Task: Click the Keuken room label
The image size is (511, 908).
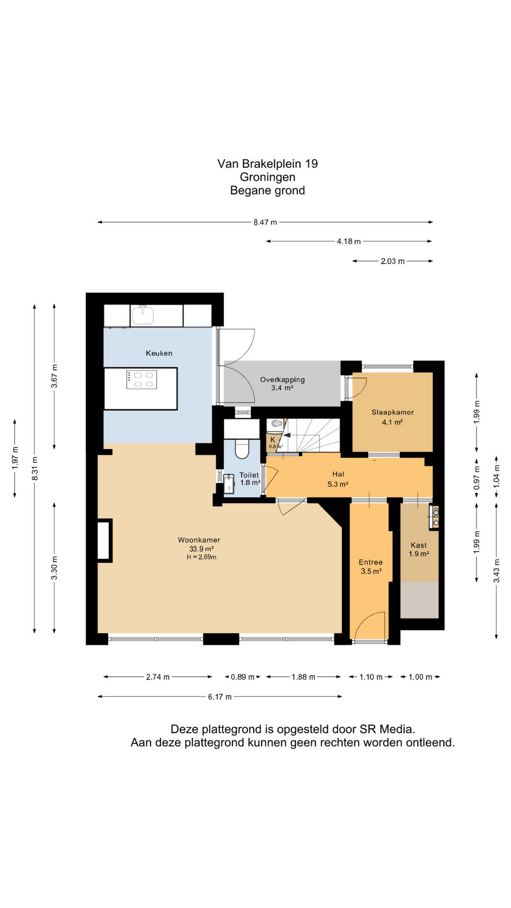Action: [159, 353]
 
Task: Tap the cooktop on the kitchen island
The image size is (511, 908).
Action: [142, 380]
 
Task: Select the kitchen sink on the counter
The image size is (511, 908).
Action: [143, 315]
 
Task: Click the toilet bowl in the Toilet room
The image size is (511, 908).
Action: [242, 449]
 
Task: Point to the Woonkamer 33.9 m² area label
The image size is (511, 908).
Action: [199, 544]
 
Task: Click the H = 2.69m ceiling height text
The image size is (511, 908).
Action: [202, 557]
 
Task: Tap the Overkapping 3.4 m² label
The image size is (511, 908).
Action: [282, 384]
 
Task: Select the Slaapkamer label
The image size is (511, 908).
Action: [393, 412]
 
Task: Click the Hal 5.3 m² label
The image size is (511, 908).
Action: [338, 479]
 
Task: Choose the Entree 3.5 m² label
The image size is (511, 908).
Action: [371, 567]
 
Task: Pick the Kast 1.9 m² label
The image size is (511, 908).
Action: [419, 550]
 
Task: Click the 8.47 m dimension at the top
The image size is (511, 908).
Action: [265, 222]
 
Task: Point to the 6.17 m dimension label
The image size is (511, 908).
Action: [220, 697]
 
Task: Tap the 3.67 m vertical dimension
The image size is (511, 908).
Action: [54, 376]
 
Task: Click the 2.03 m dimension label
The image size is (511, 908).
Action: [393, 261]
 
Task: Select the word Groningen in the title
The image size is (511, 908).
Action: [268, 177]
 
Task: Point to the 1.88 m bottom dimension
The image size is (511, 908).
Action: [303, 677]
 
